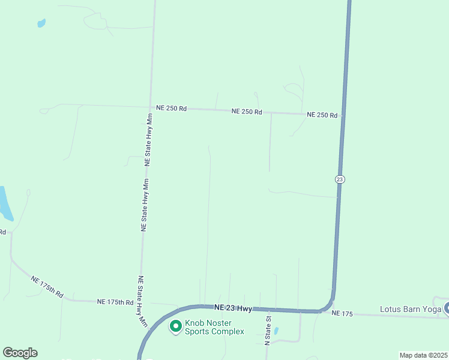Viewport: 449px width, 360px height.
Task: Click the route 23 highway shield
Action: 340,179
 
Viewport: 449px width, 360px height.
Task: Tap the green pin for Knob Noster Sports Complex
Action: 176,326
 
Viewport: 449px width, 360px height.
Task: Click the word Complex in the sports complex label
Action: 227,331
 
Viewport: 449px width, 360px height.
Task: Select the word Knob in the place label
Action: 195,323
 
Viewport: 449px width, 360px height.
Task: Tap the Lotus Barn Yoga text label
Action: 410,310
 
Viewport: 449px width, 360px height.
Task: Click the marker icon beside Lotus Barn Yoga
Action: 447,309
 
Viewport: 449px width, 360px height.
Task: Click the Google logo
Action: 20,353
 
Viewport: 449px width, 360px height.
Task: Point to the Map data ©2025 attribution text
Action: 423,355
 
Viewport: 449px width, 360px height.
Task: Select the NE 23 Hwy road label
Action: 232,308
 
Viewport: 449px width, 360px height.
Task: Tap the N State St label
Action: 268,330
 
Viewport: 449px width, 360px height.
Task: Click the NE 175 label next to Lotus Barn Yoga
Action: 343,313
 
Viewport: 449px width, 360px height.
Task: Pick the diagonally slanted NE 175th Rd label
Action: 47,285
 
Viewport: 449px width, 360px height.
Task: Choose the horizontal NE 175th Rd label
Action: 115,302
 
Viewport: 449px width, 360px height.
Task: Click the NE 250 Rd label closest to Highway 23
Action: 322,115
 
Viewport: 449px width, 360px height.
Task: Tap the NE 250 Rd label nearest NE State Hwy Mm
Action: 171,108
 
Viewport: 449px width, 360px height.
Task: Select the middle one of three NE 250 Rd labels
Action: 247,112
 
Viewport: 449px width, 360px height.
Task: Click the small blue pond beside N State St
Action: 276,331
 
